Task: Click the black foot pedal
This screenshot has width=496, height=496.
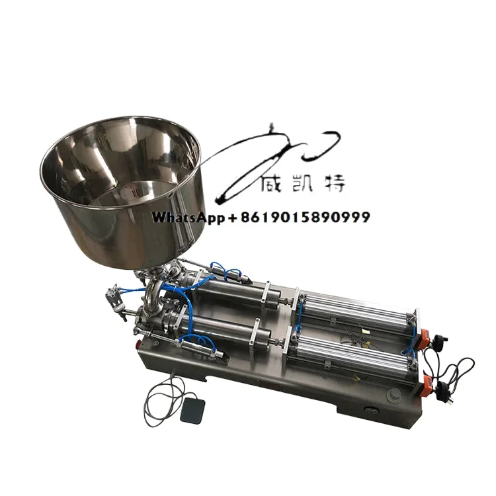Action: pos(192,410)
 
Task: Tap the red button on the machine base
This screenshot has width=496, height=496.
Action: pos(138,343)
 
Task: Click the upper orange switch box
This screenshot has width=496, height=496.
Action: pos(425,336)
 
